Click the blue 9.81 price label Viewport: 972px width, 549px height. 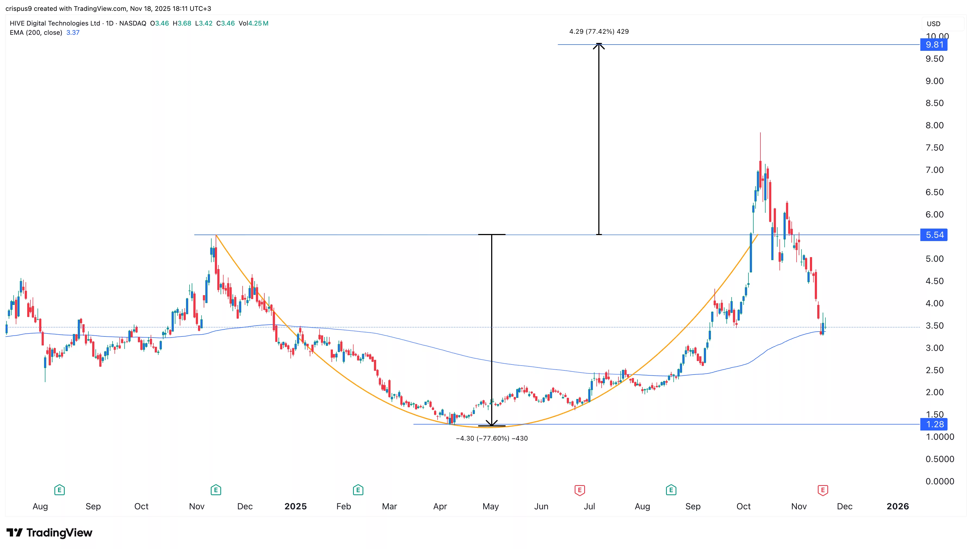click(x=934, y=45)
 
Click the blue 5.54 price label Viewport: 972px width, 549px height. click(x=934, y=235)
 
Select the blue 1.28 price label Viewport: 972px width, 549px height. click(x=934, y=424)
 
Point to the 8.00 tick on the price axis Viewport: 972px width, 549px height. click(x=934, y=125)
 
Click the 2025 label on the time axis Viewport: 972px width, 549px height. click(x=295, y=506)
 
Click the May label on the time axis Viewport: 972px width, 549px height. click(x=491, y=506)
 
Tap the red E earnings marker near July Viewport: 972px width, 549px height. click(x=580, y=490)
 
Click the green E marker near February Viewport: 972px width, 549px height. click(x=358, y=490)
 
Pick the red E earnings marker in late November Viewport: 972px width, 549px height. click(x=823, y=490)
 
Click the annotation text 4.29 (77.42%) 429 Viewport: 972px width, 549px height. click(x=599, y=31)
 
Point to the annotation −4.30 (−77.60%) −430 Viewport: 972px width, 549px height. click(x=492, y=438)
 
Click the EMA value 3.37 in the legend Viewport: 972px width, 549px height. click(x=73, y=32)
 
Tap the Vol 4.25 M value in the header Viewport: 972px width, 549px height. click(x=258, y=23)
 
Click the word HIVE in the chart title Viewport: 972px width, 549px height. click(x=17, y=23)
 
